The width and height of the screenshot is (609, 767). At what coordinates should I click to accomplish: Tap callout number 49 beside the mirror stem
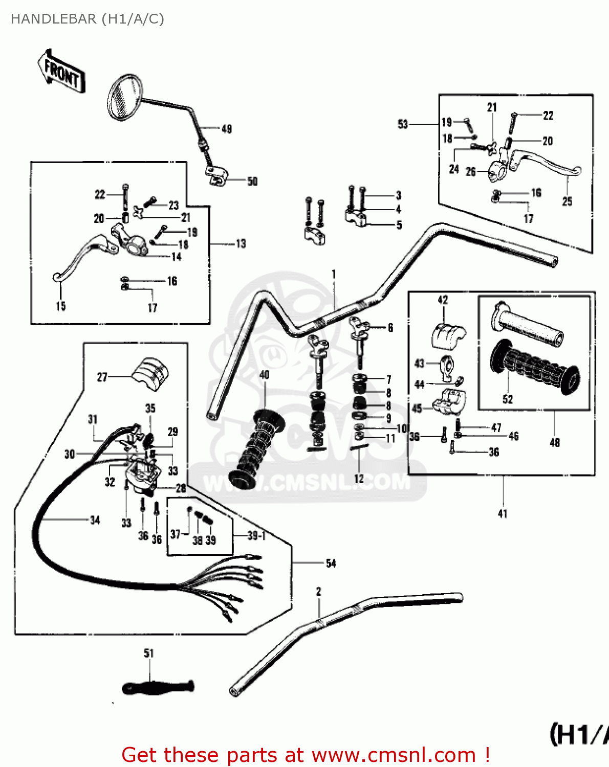(226, 129)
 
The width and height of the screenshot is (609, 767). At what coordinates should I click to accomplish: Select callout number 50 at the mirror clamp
(252, 182)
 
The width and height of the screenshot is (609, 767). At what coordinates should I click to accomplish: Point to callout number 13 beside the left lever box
(241, 244)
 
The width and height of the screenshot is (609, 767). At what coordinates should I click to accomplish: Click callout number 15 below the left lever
(60, 306)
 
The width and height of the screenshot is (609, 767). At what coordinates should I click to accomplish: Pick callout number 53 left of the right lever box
(403, 124)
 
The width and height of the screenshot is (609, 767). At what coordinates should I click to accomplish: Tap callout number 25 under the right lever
(567, 201)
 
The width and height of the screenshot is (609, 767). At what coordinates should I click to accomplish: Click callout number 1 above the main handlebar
(334, 274)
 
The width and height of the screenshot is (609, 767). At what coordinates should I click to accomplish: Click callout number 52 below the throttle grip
(507, 399)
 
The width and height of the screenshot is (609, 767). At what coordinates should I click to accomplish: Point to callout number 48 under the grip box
(555, 442)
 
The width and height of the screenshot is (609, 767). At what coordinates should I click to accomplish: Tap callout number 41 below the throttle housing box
(503, 513)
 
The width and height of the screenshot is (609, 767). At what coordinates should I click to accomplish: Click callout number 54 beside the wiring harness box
(331, 563)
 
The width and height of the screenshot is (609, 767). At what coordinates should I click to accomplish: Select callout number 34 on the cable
(95, 520)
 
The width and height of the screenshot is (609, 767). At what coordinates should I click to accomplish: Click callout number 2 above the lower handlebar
(318, 592)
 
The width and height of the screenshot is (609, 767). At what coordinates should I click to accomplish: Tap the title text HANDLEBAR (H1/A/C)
(88, 19)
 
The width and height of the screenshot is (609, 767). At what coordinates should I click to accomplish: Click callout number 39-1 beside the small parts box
(256, 535)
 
